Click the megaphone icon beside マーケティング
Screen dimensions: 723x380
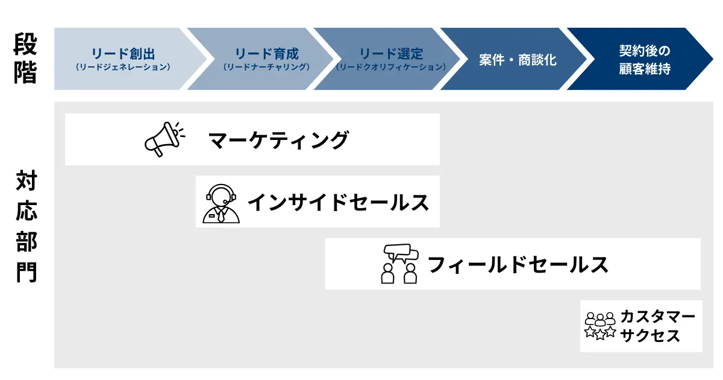tap(164, 139)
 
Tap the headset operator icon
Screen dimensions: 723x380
tap(221, 204)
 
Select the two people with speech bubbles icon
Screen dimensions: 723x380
tap(399, 264)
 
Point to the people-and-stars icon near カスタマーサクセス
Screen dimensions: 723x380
tap(600, 326)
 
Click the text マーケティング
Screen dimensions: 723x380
tap(278, 140)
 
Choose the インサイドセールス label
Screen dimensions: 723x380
tap(338, 202)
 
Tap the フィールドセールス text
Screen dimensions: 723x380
tap(518, 264)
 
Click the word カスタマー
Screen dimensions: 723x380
tap(657, 316)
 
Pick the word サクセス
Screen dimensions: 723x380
tap(649, 335)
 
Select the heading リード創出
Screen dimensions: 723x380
tap(124, 54)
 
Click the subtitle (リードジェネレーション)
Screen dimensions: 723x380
tap(123, 67)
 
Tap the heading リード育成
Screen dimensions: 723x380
tap(266, 54)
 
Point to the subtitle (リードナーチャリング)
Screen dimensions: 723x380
tap(266, 67)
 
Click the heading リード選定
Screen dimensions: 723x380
tap(391, 54)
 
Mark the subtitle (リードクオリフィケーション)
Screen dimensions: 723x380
tap(391, 67)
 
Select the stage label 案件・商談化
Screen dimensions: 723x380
tap(518, 60)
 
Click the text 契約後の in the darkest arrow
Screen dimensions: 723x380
tap(645, 51)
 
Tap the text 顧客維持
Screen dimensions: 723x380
tap(645, 69)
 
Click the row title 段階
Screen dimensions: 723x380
tap(25, 58)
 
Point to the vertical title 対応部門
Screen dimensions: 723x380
tap(27, 226)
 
